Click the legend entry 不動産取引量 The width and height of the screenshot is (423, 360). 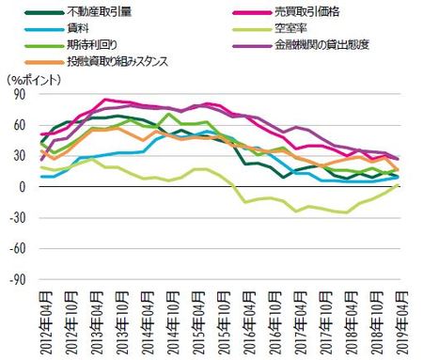click(102, 12)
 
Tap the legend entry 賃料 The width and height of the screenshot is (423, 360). click(82, 28)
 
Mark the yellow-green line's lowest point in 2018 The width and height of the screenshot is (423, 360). click(349, 212)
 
